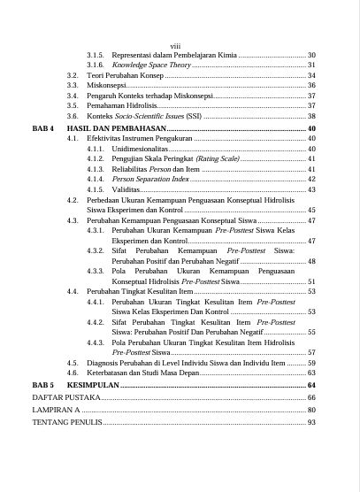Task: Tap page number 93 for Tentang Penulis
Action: click(311, 423)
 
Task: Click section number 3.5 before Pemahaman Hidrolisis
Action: click(73, 105)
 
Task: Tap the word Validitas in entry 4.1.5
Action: click(127, 189)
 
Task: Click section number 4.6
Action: click(73, 374)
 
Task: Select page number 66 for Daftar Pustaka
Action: click(311, 399)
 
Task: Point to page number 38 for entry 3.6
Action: click(311, 116)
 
